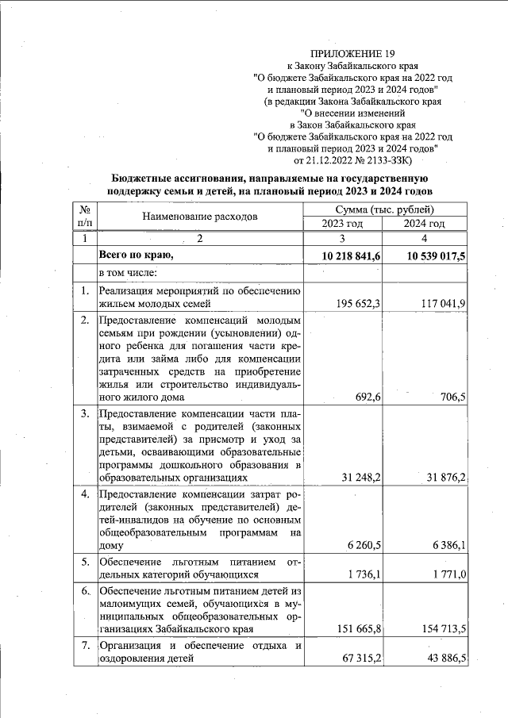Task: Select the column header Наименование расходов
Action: (200, 216)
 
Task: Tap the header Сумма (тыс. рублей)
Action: (384, 209)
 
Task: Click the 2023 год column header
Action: (343, 224)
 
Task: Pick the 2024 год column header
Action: (425, 224)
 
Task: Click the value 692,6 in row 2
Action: (366, 397)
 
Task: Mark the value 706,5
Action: (450, 397)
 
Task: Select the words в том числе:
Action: (127, 273)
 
